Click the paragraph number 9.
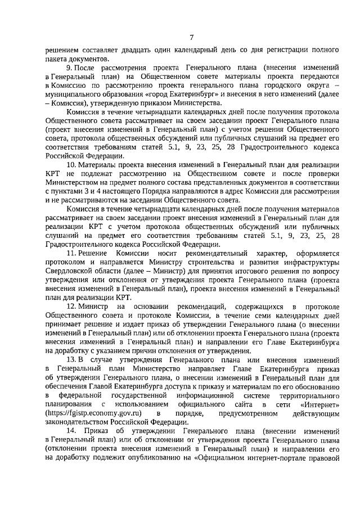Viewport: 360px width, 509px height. pyautogui.click(x=69, y=67)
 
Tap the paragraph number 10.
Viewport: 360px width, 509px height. pyautogui.click(x=71, y=164)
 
